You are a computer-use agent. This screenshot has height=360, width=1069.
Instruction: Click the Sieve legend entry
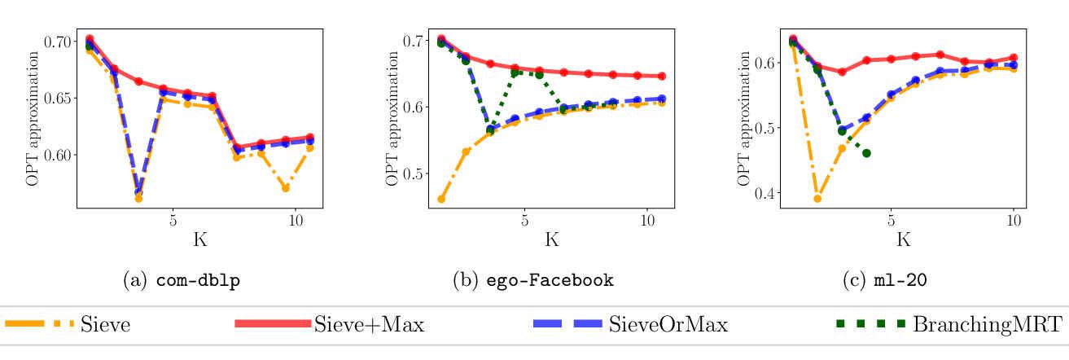[x=105, y=325]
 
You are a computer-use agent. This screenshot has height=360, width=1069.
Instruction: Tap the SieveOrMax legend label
[x=668, y=325]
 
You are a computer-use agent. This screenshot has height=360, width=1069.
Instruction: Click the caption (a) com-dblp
[x=181, y=280]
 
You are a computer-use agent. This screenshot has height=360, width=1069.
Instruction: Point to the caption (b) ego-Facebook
[x=532, y=280]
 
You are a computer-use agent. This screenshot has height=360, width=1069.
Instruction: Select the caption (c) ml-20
[x=887, y=280]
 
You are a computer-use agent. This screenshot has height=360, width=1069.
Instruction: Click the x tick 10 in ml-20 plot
[x=1014, y=220]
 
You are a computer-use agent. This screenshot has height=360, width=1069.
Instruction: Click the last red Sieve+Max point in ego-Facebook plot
[x=661, y=76]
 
